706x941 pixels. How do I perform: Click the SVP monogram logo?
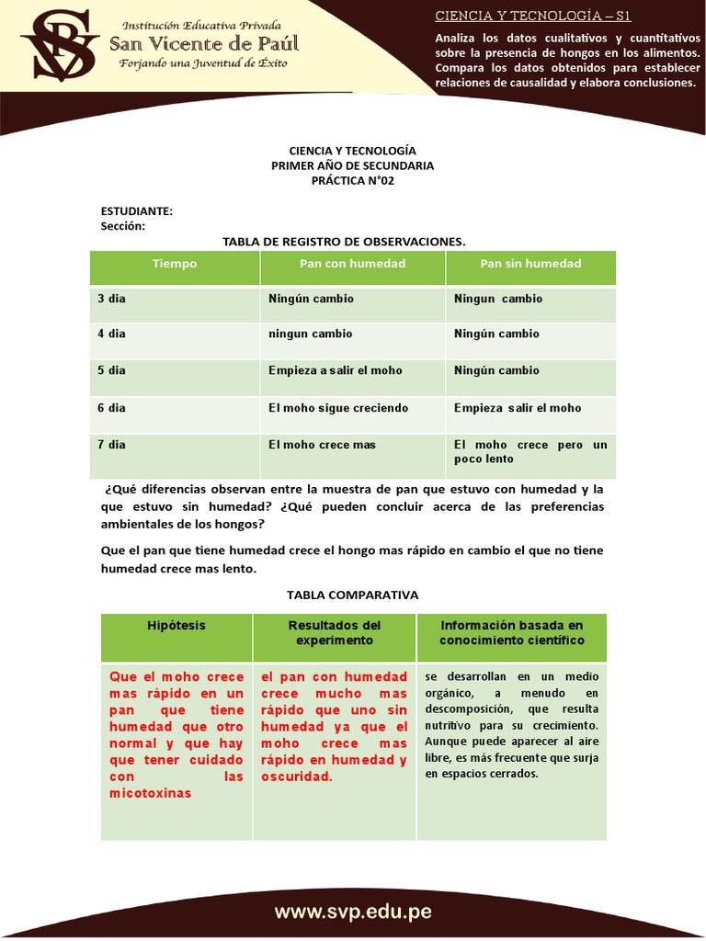coord(59,47)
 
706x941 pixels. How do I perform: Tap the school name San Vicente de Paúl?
coord(203,44)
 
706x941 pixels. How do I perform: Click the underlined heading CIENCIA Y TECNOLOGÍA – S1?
coord(532,17)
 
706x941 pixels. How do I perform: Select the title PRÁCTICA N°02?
coord(352,180)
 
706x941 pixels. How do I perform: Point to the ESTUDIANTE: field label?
coord(137,211)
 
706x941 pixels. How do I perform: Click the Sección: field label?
coord(123,226)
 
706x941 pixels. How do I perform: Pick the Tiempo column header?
coord(175,264)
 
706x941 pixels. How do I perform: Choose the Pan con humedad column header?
coord(352,264)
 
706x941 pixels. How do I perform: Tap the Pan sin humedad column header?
coord(530,264)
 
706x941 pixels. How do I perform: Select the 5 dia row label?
coord(112,370)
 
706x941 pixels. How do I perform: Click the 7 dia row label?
coord(112,445)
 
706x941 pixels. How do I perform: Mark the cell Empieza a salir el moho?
coord(335,370)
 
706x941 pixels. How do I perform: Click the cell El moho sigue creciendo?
coord(338,408)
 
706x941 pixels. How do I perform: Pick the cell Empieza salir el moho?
coord(518,408)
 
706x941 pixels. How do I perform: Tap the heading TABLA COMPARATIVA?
coord(353,595)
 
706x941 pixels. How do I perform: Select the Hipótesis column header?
coord(176,626)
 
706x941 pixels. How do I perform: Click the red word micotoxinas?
coord(151,793)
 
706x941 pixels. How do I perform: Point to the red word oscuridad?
coord(296,777)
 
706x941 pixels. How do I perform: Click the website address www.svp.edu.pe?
coord(353,913)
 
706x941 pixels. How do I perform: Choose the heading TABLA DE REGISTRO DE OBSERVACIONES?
coord(345,242)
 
